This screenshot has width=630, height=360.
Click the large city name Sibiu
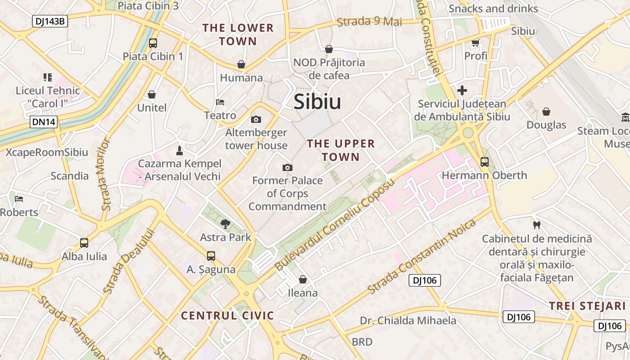(x=317, y=102)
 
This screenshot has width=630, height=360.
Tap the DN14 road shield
(x=44, y=121)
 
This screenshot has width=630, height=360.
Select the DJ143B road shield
(x=49, y=21)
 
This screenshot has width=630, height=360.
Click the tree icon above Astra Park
(x=225, y=223)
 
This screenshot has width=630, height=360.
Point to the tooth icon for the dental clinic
(x=536, y=225)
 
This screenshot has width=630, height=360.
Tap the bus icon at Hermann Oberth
(x=484, y=162)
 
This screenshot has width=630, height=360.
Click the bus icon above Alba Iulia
(x=84, y=243)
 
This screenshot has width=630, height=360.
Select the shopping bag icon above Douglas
(x=546, y=111)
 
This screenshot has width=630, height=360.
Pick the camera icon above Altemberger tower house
(x=256, y=119)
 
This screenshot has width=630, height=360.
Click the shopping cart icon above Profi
(x=475, y=43)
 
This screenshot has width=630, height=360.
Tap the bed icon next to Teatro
(x=220, y=102)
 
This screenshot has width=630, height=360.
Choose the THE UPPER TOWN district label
(x=341, y=150)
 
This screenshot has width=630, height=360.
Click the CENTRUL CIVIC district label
(x=227, y=315)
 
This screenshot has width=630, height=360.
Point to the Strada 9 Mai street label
(x=369, y=21)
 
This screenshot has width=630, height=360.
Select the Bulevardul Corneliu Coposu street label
(x=335, y=224)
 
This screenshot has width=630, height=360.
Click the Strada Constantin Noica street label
(x=422, y=257)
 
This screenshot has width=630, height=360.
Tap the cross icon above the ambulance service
(x=462, y=90)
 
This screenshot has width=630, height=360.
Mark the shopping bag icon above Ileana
(x=303, y=279)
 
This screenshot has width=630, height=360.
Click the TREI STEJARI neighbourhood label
(x=587, y=306)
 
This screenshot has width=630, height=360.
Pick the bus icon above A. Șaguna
(x=211, y=256)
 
